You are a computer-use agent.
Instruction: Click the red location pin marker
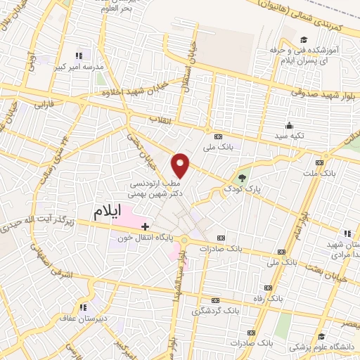coord(181,165)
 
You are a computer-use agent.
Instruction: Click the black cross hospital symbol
coord(145,226)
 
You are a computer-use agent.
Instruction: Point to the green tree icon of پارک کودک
coord(243,177)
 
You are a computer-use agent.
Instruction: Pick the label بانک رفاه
coord(270,298)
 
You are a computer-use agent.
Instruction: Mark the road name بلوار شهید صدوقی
coord(320,91)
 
